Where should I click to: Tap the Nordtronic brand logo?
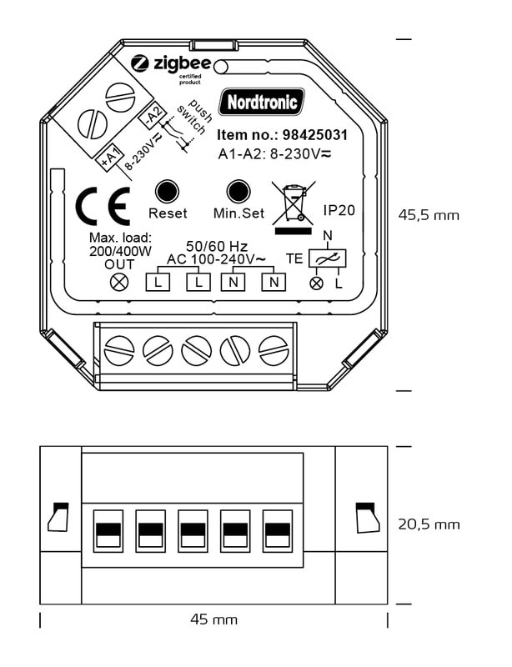tap(261, 103)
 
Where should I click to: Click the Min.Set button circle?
tap(238, 191)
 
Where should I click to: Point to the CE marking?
tap(103, 208)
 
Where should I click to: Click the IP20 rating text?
tap(339, 210)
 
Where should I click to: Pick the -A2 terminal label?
tap(152, 113)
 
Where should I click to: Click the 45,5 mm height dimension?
tap(428, 214)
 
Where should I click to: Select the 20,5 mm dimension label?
tap(428, 524)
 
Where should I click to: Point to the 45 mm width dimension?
tap(214, 619)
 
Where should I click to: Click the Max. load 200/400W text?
tap(120, 243)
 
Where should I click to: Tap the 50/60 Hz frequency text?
tap(215, 247)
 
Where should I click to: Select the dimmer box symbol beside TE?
tap(326, 260)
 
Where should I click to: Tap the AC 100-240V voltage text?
tap(215, 259)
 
